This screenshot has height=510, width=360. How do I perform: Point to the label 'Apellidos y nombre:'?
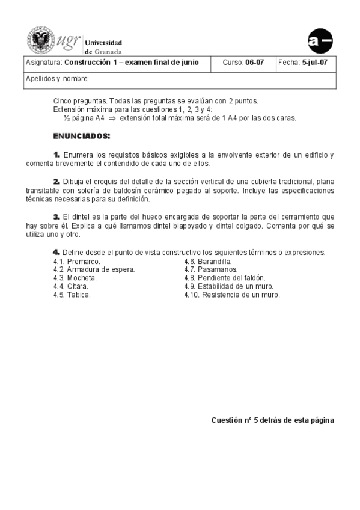pyautogui.click(x=57, y=79)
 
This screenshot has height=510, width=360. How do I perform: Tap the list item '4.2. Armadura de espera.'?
pyautogui.click(x=94, y=270)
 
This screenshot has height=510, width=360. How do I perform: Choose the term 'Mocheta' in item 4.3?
pyautogui.click(x=82, y=278)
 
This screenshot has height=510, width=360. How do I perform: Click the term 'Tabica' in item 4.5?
pyautogui.click(x=79, y=295)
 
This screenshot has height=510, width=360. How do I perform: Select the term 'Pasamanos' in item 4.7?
pyautogui.click(x=218, y=270)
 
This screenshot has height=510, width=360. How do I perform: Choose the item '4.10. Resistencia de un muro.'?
pyautogui.click(x=232, y=295)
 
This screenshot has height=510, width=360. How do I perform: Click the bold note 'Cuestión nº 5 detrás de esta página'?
pyautogui.click(x=272, y=420)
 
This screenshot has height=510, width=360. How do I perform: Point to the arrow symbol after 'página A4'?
pyautogui.click(x=112, y=118)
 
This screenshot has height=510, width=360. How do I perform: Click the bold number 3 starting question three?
pyautogui.click(x=56, y=217)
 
